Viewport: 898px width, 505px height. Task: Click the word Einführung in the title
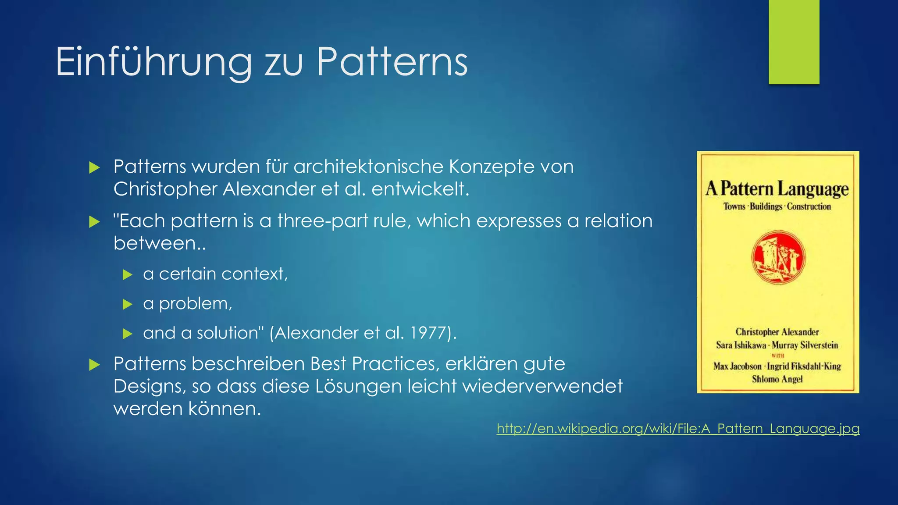click(153, 62)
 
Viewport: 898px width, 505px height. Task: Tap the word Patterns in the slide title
click(392, 62)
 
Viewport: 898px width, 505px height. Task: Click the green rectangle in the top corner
click(794, 42)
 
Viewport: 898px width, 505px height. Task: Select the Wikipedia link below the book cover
click(678, 428)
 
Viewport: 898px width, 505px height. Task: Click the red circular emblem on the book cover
click(778, 257)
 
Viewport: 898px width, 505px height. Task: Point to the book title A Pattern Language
click(777, 188)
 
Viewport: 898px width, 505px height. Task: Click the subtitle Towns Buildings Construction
click(777, 206)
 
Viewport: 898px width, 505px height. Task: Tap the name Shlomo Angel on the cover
click(777, 379)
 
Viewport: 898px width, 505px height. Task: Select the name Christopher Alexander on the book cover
click(777, 332)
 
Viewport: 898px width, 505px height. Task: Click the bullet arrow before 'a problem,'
click(128, 304)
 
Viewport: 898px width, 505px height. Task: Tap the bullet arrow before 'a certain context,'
click(128, 275)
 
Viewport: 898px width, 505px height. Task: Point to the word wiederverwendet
click(542, 387)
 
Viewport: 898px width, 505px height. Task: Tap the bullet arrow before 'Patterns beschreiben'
click(94, 365)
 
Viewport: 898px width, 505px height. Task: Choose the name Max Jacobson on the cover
click(737, 366)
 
